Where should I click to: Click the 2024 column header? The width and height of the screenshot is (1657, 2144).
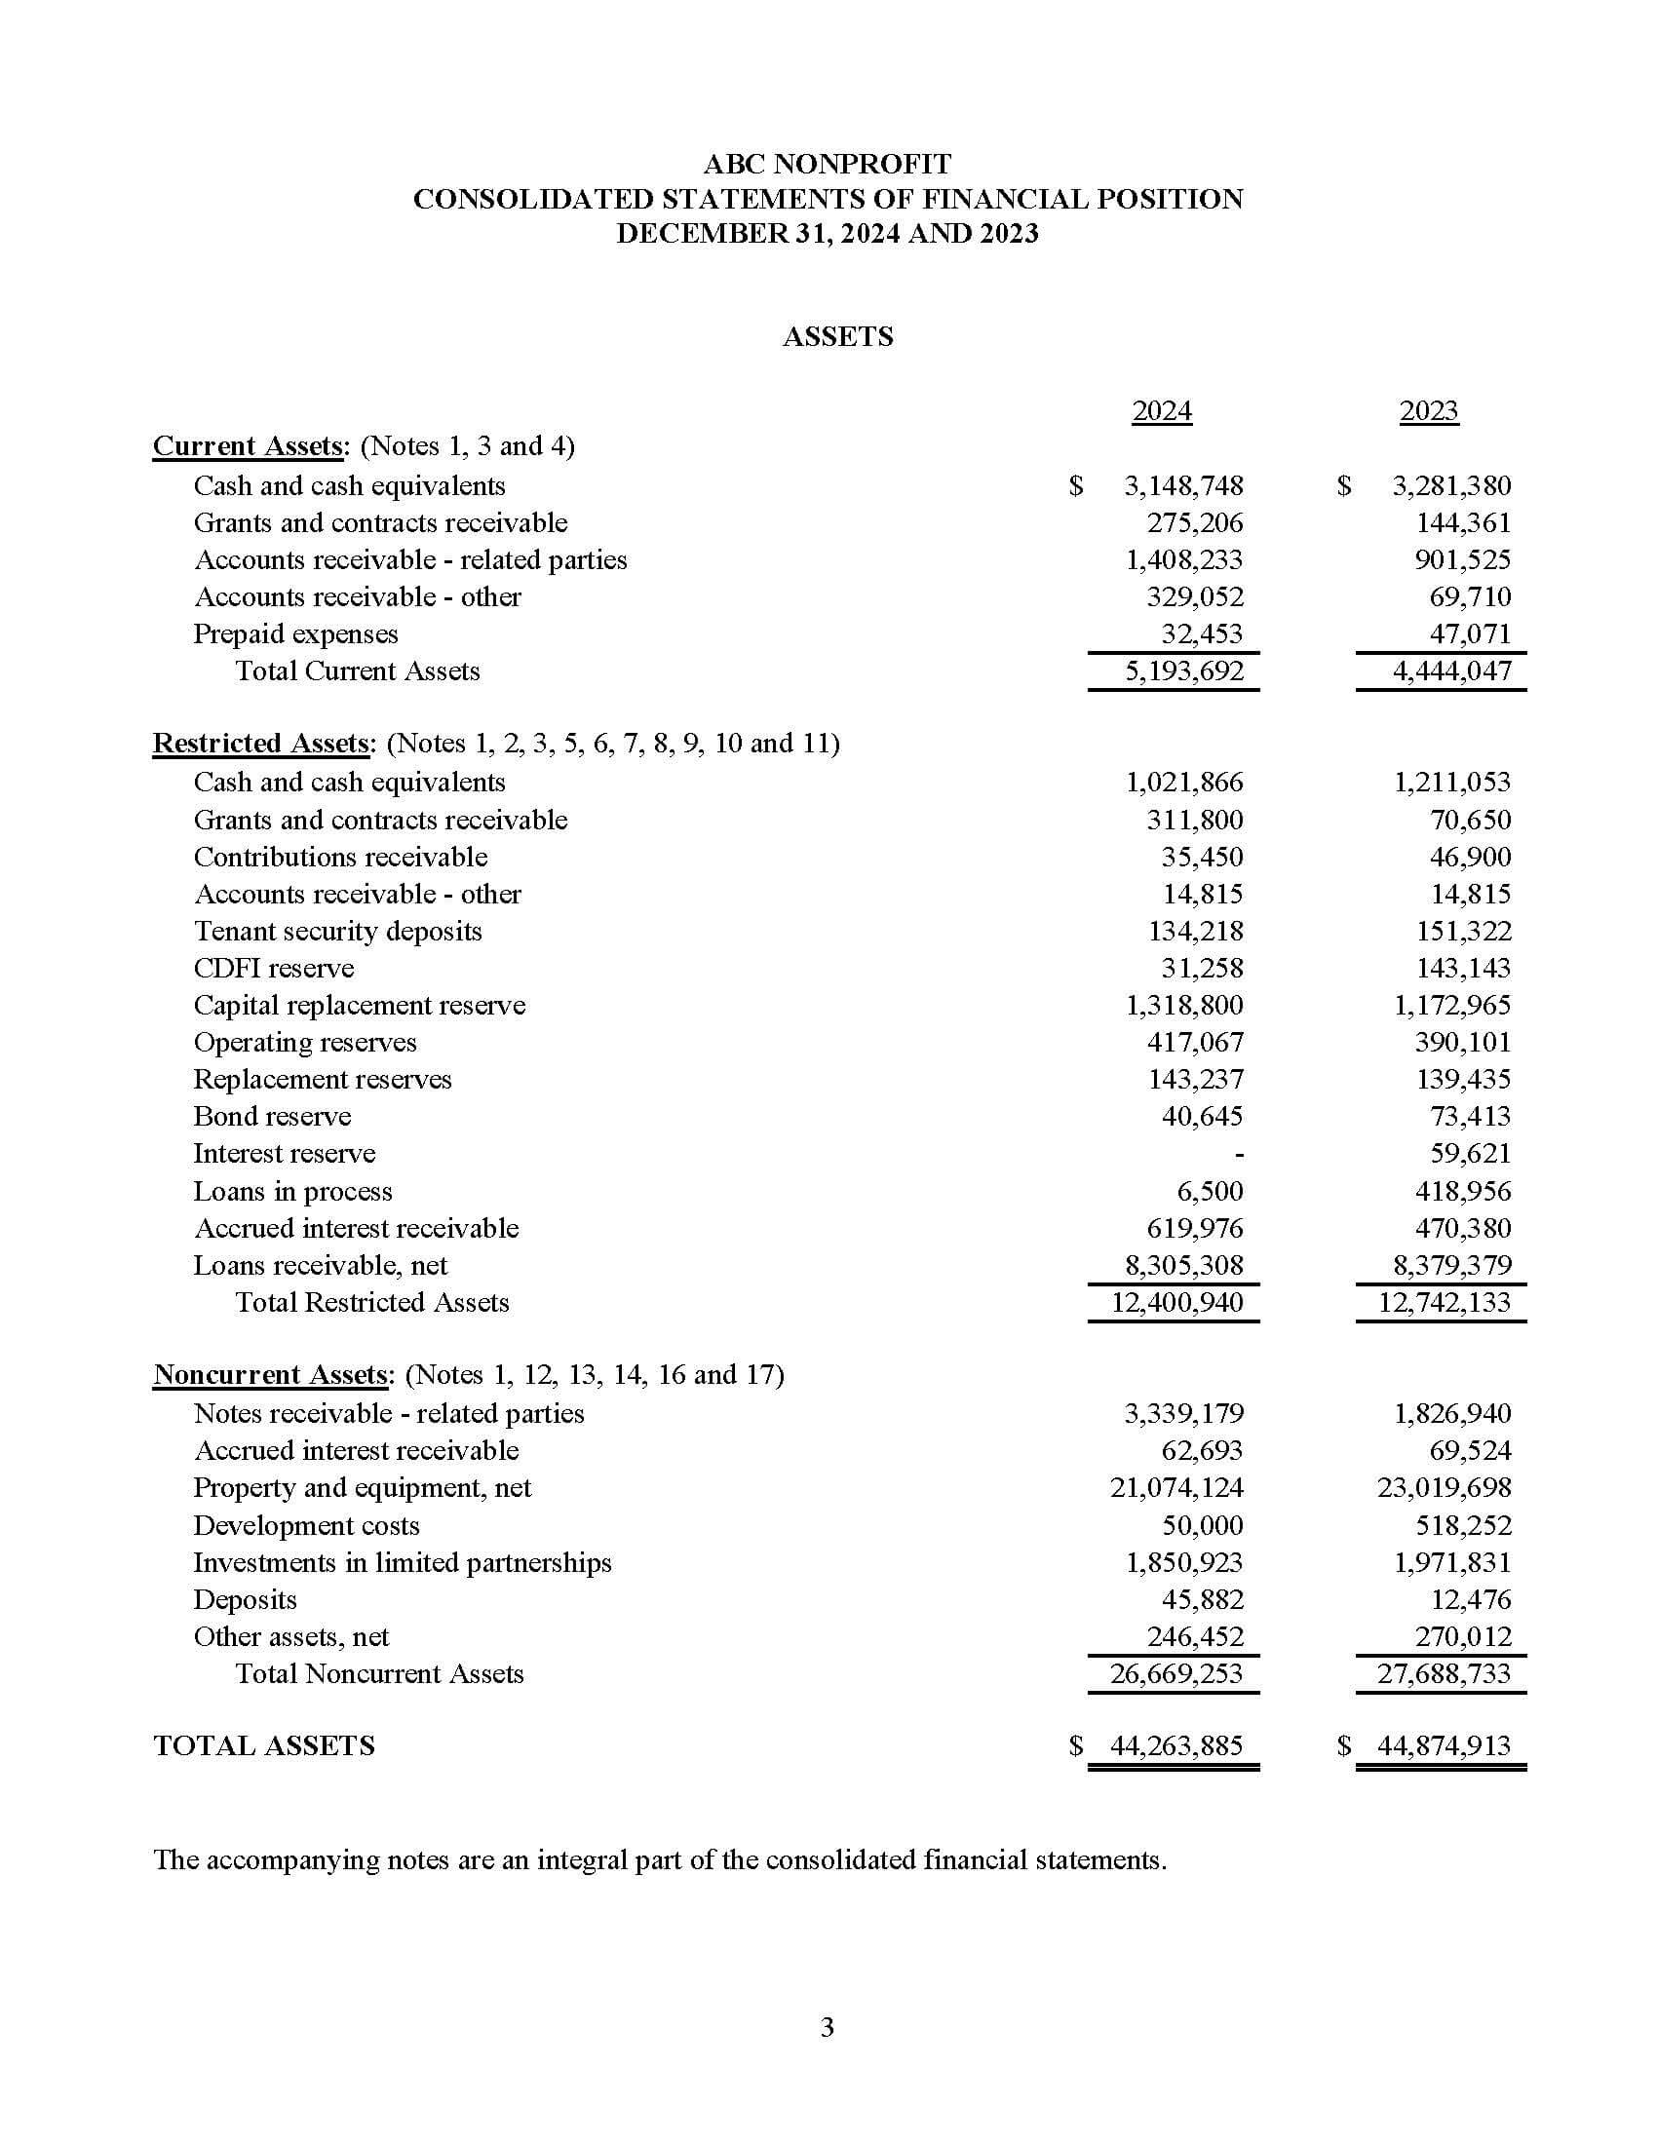tap(1161, 410)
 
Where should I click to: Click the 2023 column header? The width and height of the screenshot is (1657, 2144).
tap(1428, 410)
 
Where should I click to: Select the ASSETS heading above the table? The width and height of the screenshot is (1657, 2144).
tap(837, 337)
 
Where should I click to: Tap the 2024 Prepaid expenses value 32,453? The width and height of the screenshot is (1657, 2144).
tap(1202, 634)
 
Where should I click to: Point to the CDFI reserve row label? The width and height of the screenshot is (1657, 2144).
tap(273, 969)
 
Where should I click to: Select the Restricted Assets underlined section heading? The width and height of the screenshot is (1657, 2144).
tap(262, 744)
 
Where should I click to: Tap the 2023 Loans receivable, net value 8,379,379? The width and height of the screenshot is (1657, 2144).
tap(1452, 1265)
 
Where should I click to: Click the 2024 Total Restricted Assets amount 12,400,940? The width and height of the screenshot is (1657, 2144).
tap(1176, 1303)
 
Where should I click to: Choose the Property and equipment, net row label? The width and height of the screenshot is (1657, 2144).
tap(362, 1488)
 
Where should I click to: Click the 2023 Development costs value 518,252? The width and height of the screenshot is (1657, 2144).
tap(1470, 1525)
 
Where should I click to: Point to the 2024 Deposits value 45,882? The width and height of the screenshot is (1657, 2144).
tap(1203, 1600)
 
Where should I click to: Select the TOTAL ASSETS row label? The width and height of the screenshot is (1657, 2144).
tap(264, 1745)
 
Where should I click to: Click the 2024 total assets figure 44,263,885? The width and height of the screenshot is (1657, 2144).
tap(1176, 1745)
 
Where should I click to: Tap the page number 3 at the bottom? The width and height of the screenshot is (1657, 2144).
tap(827, 2027)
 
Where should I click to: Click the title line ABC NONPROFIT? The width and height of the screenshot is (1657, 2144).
tap(828, 163)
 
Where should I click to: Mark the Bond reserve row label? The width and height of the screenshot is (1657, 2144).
tap(272, 1117)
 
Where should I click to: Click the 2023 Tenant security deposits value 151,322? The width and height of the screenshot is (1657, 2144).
tap(1463, 932)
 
